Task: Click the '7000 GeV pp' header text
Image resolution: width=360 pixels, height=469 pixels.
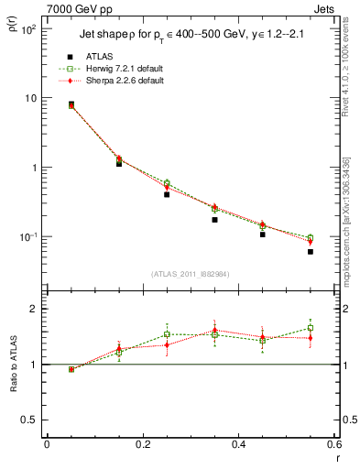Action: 71,9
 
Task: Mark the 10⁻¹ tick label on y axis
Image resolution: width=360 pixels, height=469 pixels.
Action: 27,237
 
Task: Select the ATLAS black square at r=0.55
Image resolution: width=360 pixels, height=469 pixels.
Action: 311,251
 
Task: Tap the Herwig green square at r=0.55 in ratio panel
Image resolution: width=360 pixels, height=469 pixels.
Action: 311,328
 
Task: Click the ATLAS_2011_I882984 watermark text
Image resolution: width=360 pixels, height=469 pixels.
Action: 189,273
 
